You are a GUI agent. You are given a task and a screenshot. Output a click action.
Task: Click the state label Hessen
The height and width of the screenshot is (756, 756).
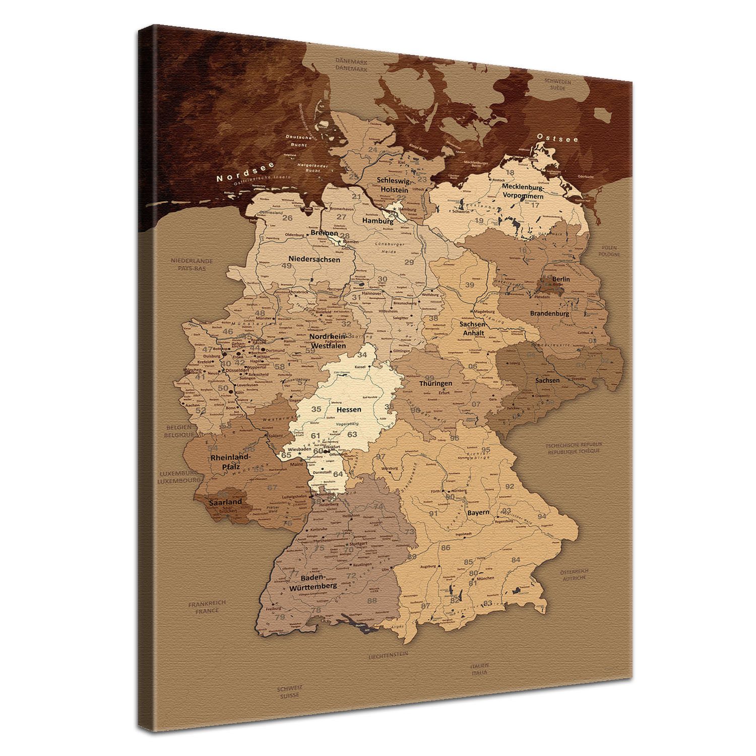pyautogui.click(x=349, y=410)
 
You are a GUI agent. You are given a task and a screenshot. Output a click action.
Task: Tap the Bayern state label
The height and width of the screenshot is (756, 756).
pyautogui.click(x=478, y=513)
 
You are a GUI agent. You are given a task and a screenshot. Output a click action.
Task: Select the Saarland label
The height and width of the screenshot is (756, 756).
pyautogui.click(x=226, y=502)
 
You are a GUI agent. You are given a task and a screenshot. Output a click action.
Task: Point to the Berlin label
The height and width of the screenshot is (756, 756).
pyautogui.click(x=561, y=279)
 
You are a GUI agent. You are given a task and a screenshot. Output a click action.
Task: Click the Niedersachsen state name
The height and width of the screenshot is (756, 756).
pyautogui.click(x=314, y=260)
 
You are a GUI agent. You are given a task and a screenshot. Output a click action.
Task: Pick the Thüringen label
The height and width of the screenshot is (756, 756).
pyautogui.click(x=435, y=384)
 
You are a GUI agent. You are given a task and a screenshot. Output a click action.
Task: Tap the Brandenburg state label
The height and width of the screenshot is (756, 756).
pyautogui.click(x=549, y=313)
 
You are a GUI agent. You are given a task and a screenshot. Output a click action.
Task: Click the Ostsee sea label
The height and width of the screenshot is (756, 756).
pyautogui.click(x=557, y=138)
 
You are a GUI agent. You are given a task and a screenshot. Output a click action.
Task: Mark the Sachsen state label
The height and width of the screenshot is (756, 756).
pyautogui.click(x=547, y=381)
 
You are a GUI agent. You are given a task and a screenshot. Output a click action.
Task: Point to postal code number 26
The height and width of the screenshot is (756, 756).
pyautogui.click(x=287, y=218)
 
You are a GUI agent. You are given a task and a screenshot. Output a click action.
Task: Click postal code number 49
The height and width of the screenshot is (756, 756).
pyautogui.click(x=287, y=266)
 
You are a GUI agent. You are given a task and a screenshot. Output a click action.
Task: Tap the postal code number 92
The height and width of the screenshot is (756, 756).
pyautogui.click(x=510, y=486)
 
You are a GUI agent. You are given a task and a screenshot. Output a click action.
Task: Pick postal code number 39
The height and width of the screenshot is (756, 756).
pyautogui.click(x=470, y=285)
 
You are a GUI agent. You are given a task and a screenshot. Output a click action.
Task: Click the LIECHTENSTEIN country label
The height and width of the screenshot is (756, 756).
pyautogui.click(x=388, y=655)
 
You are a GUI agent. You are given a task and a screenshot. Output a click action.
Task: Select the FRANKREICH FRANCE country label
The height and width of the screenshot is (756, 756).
pyautogui.click(x=207, y=607)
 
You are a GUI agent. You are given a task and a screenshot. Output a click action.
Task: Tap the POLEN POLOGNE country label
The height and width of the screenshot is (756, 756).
pyautogui.click(x=610, y=251)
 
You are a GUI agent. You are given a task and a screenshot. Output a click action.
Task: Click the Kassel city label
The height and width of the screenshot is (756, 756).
pyautogui.click(x=359, y=367)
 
